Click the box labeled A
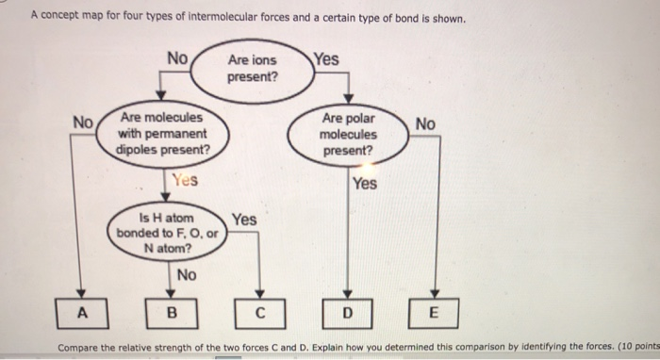pyautogui.click(x=83, y=312)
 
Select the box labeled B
pyautogui.click(x=171, y=312)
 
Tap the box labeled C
pyautogui.click(x=258, y=312)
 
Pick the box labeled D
pyautogui.click(x=347, y=312)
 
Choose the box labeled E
pyautogui.click(x=434, y=312)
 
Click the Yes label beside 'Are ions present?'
pyautogui.click(x=326, y=59)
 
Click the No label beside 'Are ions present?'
pyautogui.click(x=177, y=58)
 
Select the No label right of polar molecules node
pyautogui.click(x=425, y=123)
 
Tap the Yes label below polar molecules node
pyautogui.click(x=364, y=184)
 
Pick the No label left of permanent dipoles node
pyautogui.click(x=84, y=123)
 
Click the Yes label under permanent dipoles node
pyautogui.click(x=185, y=179)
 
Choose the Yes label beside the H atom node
pyautogui.click(x=243, y=220)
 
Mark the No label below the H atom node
pyautogui.click(x=187, y=275)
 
